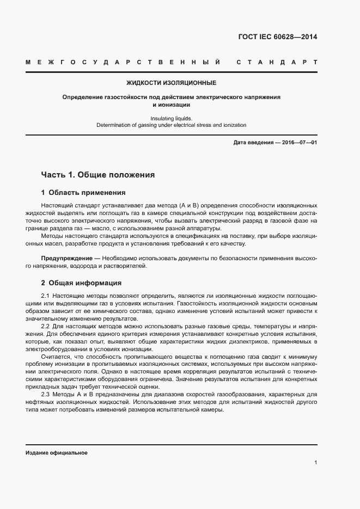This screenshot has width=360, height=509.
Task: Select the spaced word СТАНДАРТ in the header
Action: click(277, 63)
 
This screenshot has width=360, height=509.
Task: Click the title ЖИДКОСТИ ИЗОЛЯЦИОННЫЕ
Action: click(171, 83)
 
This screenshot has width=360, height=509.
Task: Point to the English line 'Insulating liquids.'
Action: click(171, 118)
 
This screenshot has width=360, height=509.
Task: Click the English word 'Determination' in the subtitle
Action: click(115, 125)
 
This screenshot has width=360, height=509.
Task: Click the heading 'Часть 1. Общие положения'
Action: click(98, 175)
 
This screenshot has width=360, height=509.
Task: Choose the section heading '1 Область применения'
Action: click(83, 193)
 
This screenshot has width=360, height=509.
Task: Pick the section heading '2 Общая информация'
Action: click(81, 283)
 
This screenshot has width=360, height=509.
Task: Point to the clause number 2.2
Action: click(46, 326)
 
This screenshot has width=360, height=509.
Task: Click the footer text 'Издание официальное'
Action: click(57, 453)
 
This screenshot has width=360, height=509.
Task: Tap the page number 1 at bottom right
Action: click(316, 462)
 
